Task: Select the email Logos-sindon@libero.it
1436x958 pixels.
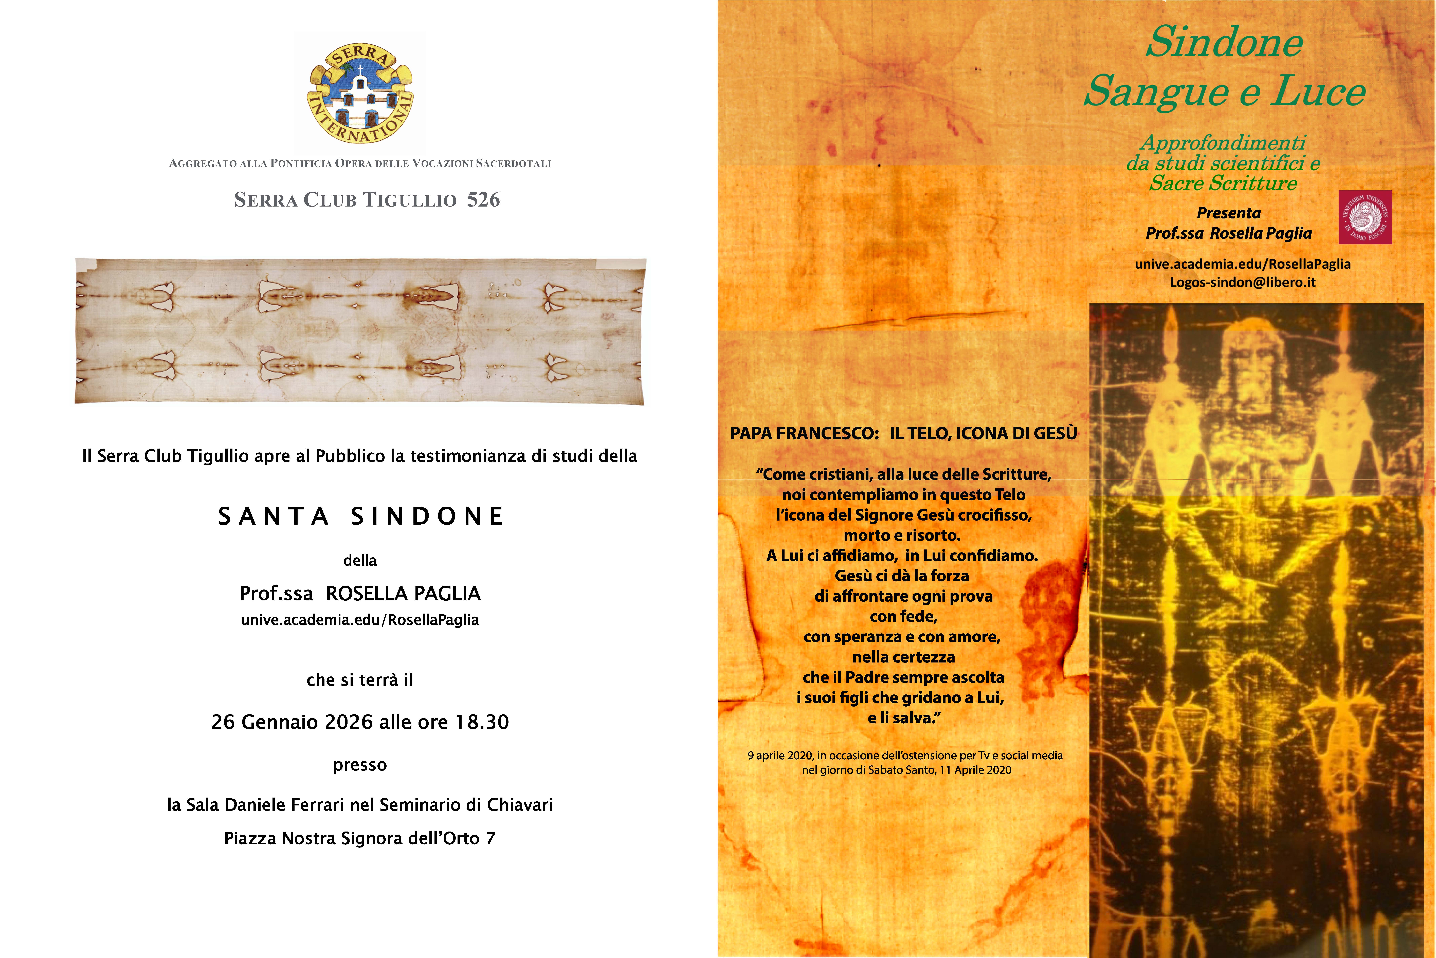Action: pyautogui.click(x=1242, y=282)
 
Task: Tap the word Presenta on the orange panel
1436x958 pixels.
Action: pyautogui.click(x=1228, y=213)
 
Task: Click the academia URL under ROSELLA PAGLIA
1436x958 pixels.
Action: pyautogui.click(x=360, y=620)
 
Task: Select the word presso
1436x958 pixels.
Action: pyautogui.click(x=360, y=765)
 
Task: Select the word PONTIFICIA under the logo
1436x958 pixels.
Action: pyautogui.click(x=301, y=164)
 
